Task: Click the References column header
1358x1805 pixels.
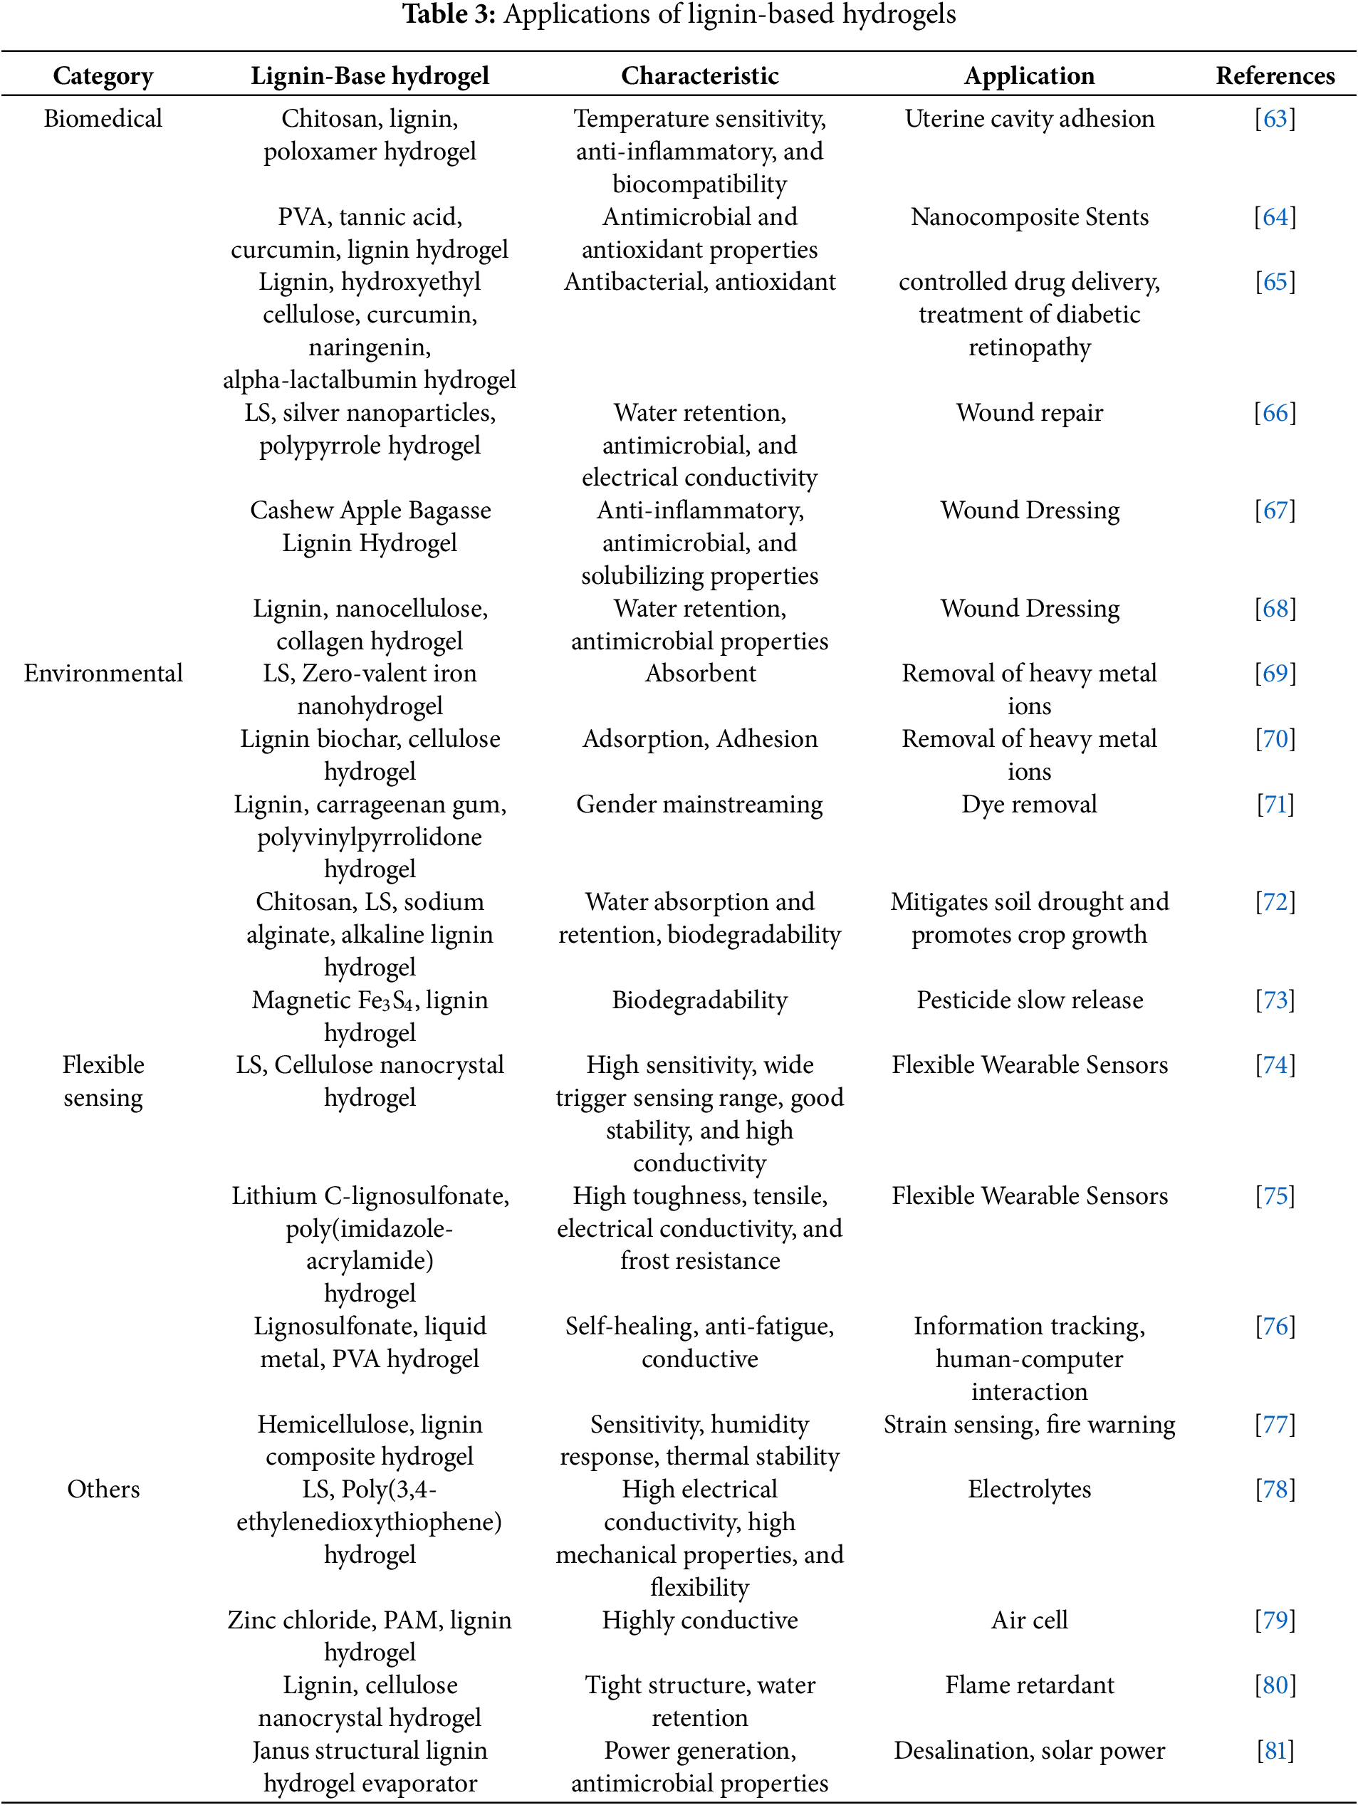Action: click(x=1275, y=76)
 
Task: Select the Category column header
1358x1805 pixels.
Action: click(x=103, y=76)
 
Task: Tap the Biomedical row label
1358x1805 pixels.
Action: click(x=103, y=119)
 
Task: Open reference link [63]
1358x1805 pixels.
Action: click(x=1275, y=119)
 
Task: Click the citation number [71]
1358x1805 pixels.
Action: click(x=1275, y=805)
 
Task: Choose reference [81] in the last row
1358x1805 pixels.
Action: click(x=1275, y=1750)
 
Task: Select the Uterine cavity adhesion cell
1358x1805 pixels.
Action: click(x=1029, y=119)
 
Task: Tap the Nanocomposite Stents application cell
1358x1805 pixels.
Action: click(x=1029, y=217)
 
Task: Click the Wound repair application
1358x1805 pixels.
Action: click(x=1029, y=413)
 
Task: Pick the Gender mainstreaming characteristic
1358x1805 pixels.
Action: click(x=699, y=805)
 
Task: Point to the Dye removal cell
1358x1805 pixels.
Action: click(x=1029, y=805)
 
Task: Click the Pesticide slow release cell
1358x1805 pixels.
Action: click(x=1029, y=1000)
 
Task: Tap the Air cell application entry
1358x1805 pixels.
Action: click(x=1029, y=1620)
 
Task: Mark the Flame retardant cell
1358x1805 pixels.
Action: click(x=1029, y=1685)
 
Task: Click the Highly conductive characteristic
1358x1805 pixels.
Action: click(x=699, y=1620)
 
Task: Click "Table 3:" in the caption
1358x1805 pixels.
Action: click(x=449, y=15)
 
